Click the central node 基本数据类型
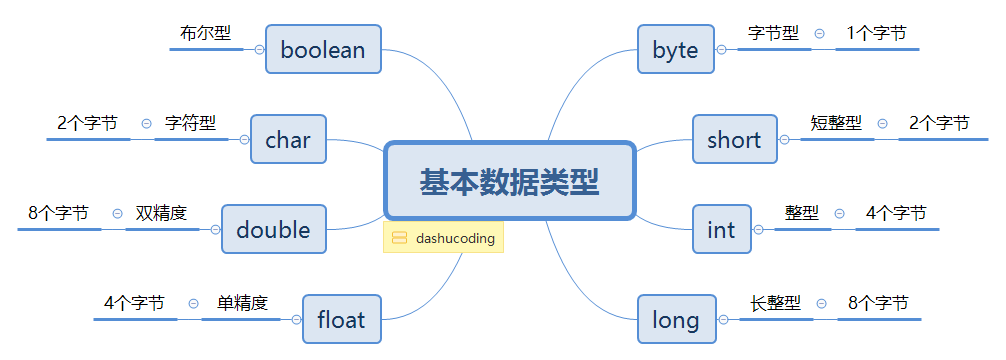pos(510,181)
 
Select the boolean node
pos(323,49)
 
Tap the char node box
pos(288,140)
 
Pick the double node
pos(273,230)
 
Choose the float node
pos(341,320)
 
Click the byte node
pos(675,49)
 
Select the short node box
pos(734,140)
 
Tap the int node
pos(721,230)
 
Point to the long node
pos(675,320)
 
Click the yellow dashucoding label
pos(443,238)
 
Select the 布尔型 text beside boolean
pos(206,33)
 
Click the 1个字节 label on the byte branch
pos(877,33)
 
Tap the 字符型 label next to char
pos(191,123)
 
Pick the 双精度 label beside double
pos(162,213)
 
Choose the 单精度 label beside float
pos(242,303)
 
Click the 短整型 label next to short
pos(836,123)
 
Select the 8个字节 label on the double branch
pos(58,213)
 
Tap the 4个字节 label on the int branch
pos(896,213)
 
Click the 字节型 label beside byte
pos(774,33)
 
